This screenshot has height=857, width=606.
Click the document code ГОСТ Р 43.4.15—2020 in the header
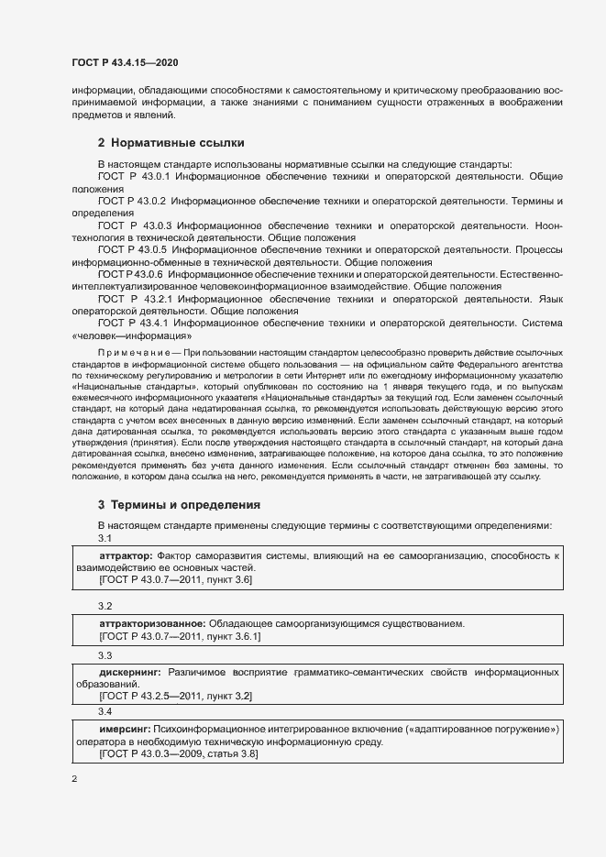125,62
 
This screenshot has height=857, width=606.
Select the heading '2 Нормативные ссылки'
171,143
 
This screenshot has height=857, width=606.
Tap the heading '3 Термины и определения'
179,504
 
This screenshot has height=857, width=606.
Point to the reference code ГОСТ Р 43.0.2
131,200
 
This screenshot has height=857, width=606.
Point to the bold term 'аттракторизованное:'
148,623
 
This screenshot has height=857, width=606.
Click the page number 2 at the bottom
74,780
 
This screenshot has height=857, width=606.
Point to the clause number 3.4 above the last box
105,711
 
